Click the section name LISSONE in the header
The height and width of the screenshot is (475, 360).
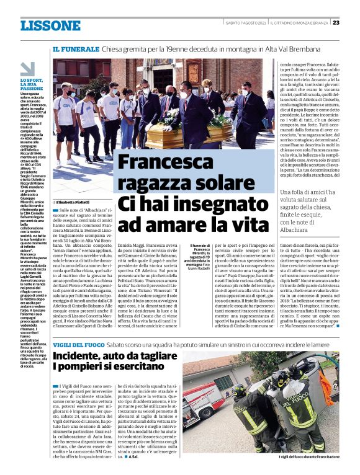(x=50, y=25)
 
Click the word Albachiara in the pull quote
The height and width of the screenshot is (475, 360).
(x=298, y=230)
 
